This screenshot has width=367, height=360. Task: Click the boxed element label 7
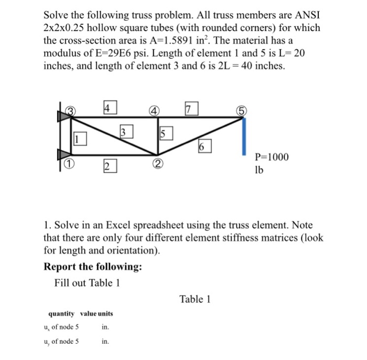tap(190, 109)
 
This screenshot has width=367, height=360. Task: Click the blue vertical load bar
tap(244, 136)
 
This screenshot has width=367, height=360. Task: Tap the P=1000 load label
tap(271, 157)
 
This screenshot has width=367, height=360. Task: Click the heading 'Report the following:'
tap(93, 267)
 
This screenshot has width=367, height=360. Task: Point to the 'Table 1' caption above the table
tap(195, 299)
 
